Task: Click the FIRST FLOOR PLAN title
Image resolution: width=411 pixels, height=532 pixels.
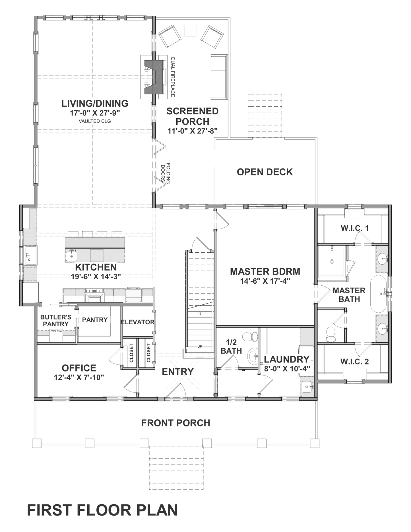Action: (102, 510)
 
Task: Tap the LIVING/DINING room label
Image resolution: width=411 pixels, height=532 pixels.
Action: (95, 103)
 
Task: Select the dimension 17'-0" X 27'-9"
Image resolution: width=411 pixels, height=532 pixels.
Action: (95, 113)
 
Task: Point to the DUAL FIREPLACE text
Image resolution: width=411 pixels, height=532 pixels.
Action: (173, 77)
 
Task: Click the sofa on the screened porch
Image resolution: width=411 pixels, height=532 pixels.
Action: (219, 77)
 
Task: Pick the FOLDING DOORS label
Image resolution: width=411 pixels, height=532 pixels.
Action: (166, 173)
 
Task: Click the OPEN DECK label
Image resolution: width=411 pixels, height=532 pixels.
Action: (265, 172)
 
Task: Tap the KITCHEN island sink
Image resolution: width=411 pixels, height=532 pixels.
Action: (71, 256)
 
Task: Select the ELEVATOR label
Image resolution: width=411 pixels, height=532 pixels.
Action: (138, 322)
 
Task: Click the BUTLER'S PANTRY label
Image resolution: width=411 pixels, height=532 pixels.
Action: (56, 320)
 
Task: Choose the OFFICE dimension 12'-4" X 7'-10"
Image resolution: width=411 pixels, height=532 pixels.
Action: (79, 377)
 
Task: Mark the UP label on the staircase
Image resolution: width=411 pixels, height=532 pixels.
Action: (200, 347)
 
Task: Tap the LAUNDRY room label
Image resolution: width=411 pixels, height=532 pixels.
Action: (286, 359)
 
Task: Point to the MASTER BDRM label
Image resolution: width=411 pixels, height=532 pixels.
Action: (265, 271)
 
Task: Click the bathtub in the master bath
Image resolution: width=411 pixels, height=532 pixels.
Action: (379, 294)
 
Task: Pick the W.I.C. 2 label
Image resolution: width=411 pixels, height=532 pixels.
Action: (354, 362)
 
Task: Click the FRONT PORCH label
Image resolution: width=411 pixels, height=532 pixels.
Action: (176, 423)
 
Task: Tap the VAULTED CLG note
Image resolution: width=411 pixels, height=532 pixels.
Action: (95, 121)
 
